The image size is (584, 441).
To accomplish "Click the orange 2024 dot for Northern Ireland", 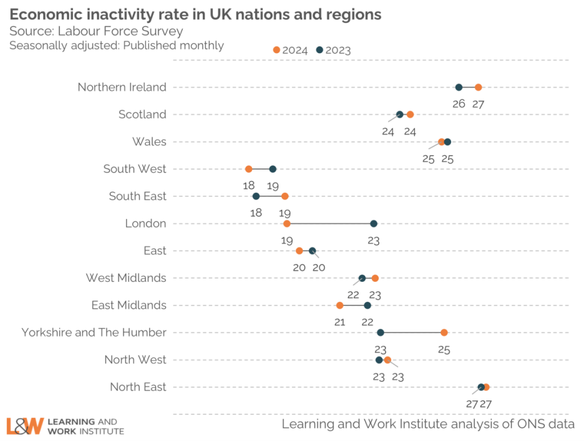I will tap(478, 87).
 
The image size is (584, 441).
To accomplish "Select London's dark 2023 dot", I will tap(374, 224).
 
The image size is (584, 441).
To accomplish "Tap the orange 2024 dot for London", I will tap(287, 224).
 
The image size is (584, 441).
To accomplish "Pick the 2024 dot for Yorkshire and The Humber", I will tap(444, 333).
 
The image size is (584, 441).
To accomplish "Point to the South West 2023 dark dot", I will tap(273, 169).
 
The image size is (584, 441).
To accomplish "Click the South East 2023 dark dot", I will tap(256, 196).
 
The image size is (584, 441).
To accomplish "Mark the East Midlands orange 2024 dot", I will tap(340, 305).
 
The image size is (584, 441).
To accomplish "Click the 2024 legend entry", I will tap(290, 50).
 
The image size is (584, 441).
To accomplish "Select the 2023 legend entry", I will tap(334, 50).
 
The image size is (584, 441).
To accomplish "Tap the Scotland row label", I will tap(142, 115).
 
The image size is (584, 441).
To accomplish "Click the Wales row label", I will tap(149, 141).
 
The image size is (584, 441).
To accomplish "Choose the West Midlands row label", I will tap(126, 278).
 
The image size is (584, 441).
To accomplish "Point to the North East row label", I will tap(138, 387).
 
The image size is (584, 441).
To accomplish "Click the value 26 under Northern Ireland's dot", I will tap(459, 104).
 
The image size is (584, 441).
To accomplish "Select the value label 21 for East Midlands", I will tap(340, 322).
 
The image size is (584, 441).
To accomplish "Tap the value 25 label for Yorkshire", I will tap(444, 349).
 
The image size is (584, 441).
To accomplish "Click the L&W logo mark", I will tap(25, 426).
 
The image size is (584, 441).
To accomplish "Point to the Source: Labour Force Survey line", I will tap(96, 31).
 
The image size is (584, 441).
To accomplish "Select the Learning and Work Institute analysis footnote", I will tap(428, 424).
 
